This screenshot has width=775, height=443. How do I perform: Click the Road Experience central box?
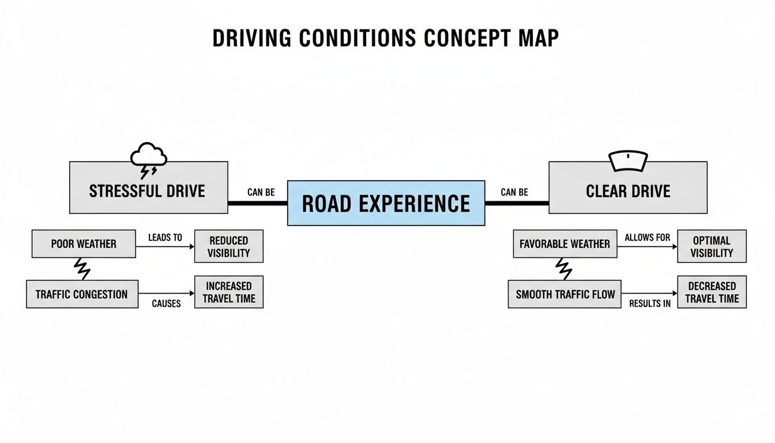386,203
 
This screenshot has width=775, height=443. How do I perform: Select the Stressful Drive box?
148,188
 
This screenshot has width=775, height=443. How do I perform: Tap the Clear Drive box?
627,188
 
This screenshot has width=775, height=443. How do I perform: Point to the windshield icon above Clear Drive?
628,161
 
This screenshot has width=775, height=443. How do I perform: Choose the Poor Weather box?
84,244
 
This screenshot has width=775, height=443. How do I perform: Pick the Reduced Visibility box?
228,246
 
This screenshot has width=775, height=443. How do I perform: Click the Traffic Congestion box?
82,294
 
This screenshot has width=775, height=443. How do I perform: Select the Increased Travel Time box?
228,292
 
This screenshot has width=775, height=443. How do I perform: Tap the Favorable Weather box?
565,244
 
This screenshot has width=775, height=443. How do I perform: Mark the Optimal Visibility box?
711,246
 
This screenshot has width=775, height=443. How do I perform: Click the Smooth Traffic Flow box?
565,294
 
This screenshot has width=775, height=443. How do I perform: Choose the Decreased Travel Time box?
711,292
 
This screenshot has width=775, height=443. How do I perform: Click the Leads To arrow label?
165,238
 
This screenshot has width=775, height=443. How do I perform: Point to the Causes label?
166,303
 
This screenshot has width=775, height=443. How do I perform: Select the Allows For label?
647,238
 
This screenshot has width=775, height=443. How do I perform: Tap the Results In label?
649,303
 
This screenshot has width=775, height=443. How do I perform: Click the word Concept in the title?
466,38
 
